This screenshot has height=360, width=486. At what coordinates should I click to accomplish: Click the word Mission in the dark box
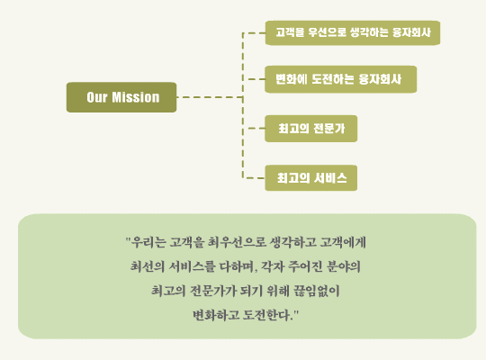coord(135,97)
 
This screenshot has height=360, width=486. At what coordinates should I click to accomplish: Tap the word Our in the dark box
coord(97,97)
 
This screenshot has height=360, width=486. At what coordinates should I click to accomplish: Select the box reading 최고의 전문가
coord(310,129)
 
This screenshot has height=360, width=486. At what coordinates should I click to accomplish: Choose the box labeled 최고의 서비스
coord(310,178)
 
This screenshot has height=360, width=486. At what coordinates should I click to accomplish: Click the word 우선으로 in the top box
coord(327,32)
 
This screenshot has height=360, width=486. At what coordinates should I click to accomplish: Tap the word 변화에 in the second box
coord(292,79)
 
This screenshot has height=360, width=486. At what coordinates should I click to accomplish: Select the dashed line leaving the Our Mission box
coord(210,97)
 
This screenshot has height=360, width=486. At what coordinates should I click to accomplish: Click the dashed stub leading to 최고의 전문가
coord(256,128)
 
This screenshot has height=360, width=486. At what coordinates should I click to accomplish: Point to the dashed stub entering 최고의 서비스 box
coord(254,178)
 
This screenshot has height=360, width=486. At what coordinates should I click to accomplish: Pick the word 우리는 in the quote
coord(148,242)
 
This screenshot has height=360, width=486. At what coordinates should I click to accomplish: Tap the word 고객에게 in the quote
coord(343,242)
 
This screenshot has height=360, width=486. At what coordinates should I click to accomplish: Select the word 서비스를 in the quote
coord(192,266)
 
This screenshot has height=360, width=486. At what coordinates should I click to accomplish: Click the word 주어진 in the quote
coord(305,266)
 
